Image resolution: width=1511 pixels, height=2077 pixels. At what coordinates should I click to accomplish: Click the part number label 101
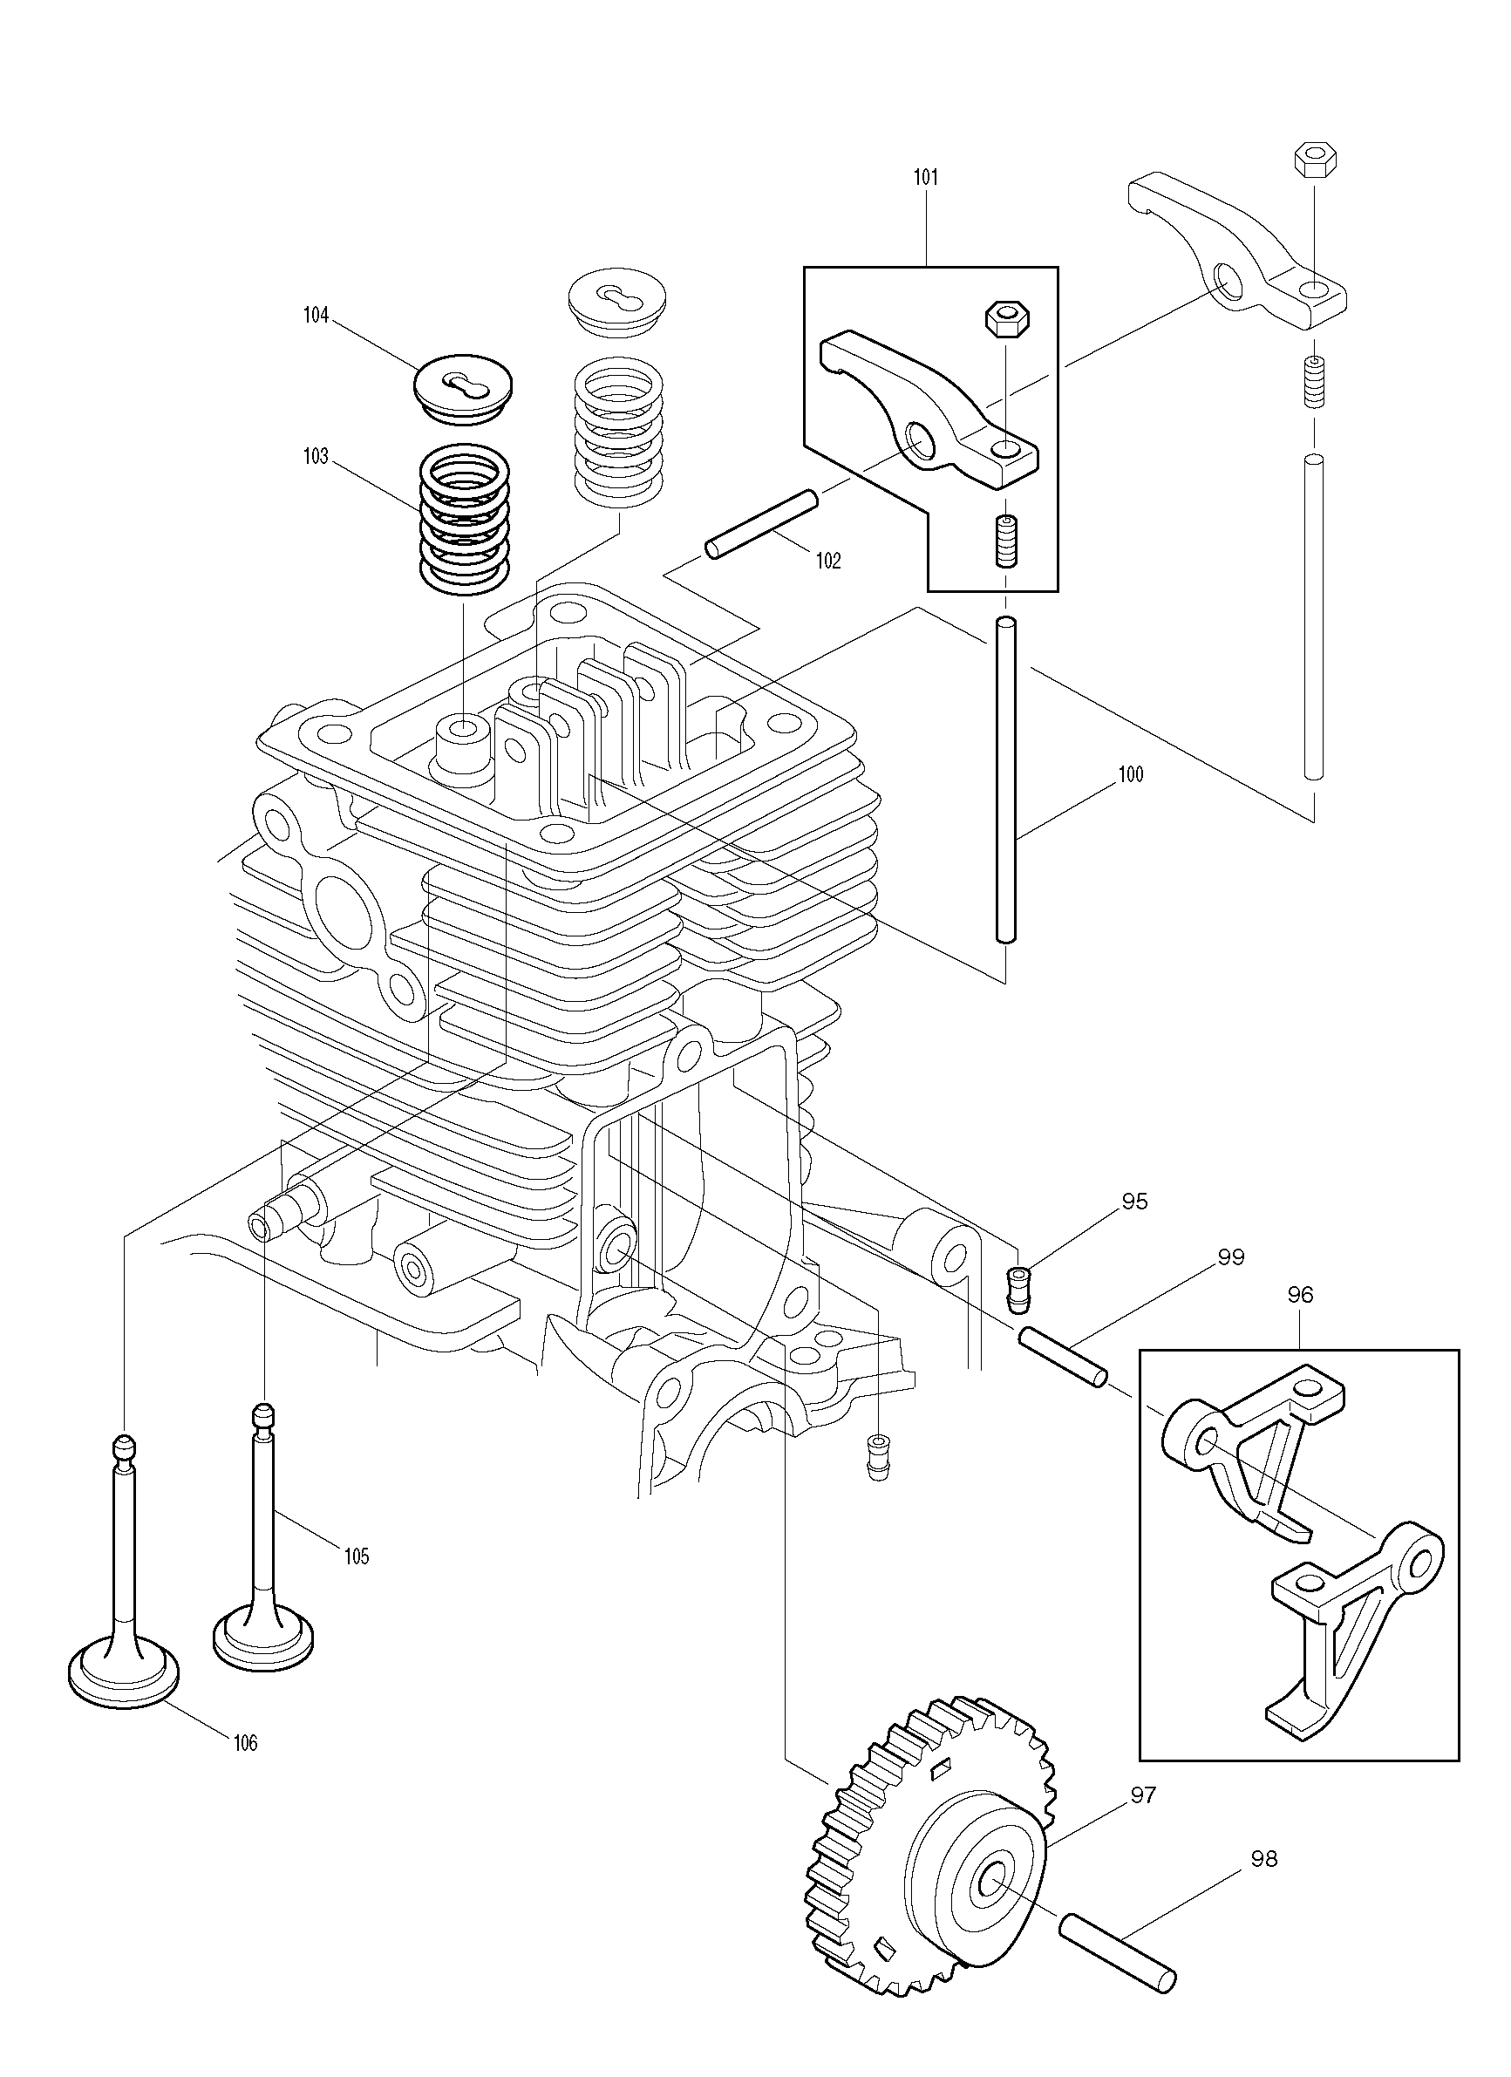(926, 178)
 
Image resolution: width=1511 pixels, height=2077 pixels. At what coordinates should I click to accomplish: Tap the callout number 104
(315, 316)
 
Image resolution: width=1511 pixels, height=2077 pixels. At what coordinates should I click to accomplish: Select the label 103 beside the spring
(315, 457)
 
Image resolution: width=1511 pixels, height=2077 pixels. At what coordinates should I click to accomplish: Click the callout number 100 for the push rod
(1131, 775)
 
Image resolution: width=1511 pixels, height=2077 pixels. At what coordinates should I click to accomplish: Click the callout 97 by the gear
(1143, 1795)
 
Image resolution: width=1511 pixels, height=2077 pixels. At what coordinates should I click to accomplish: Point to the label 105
(357, 1556)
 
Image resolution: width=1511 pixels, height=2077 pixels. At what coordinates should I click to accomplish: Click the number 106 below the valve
(245, 1744)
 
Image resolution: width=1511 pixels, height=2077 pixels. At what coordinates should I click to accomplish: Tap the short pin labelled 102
(761, 523)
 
